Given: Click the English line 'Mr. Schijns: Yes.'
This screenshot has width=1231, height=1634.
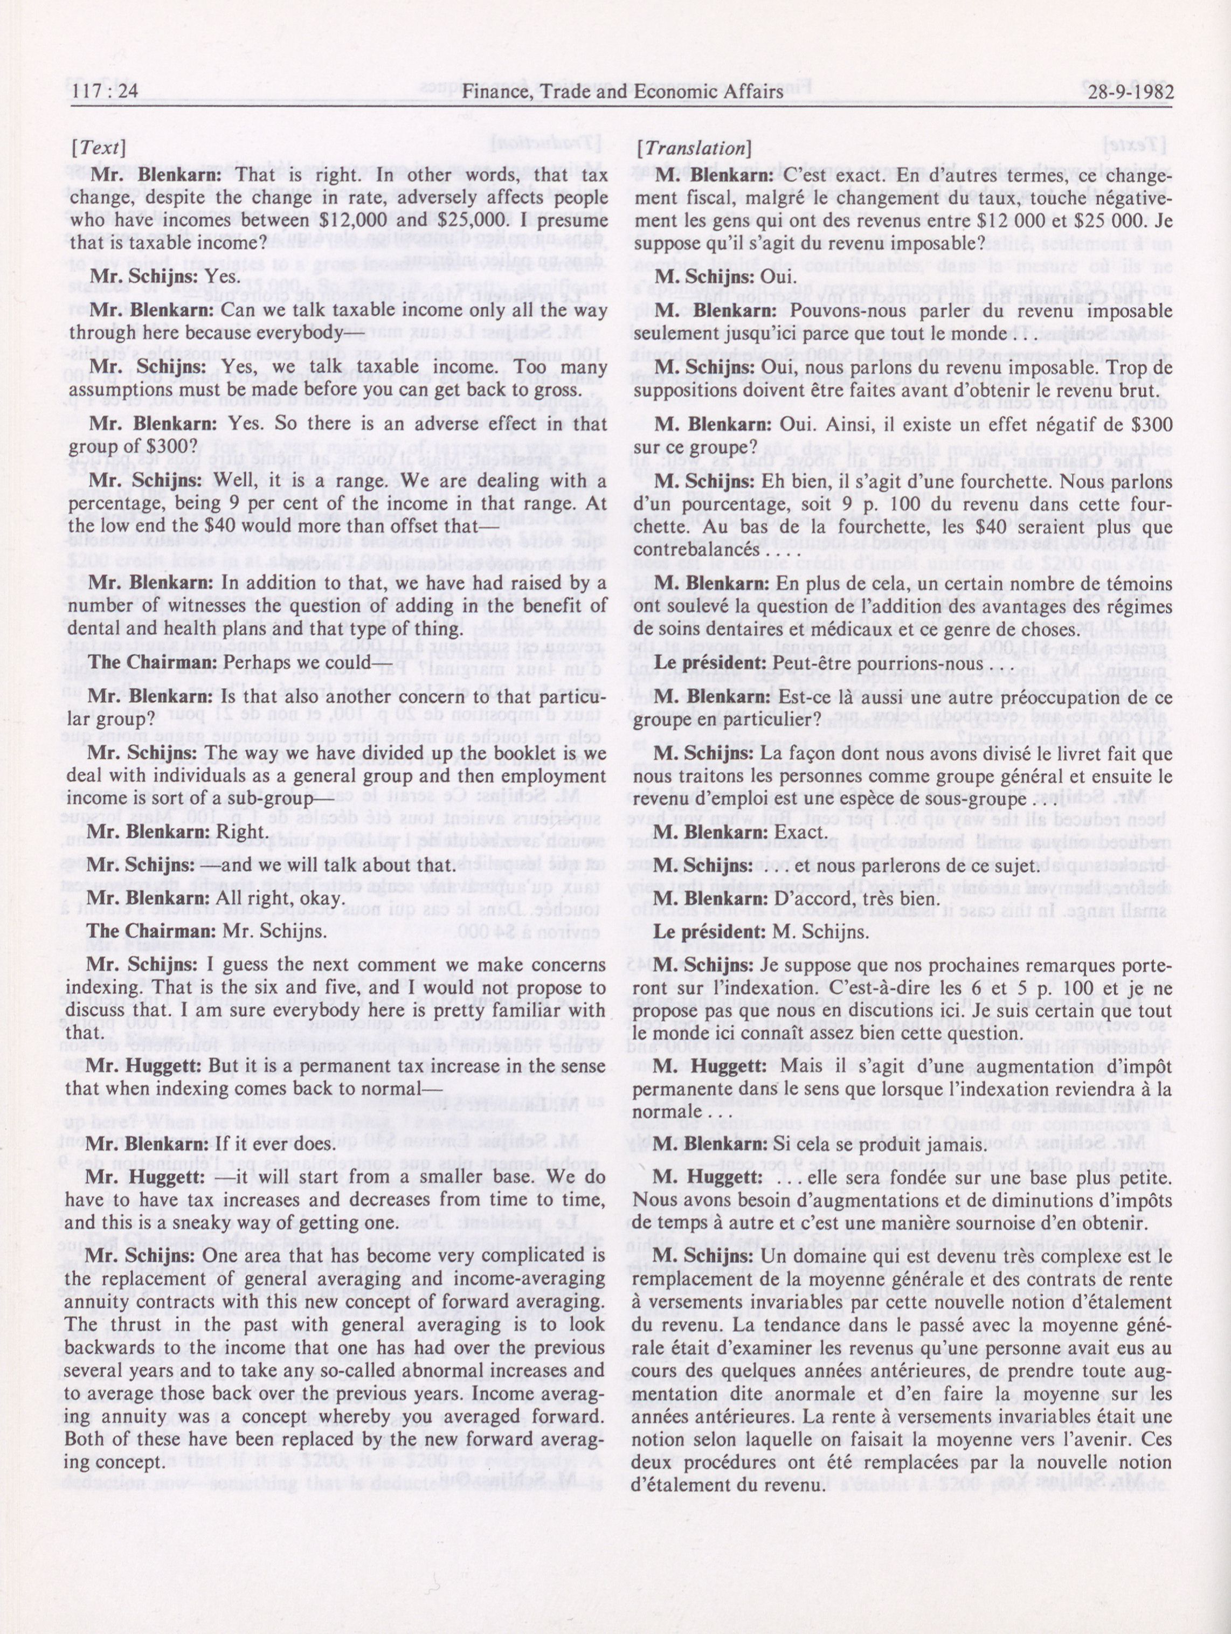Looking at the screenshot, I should coord(163,276).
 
